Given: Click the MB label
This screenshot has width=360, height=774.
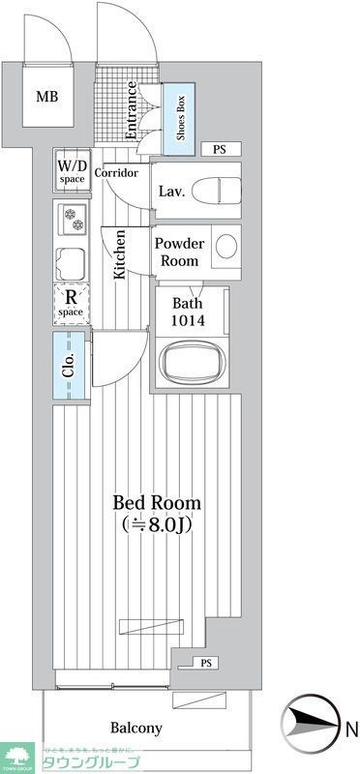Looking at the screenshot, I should [x=46, y=96].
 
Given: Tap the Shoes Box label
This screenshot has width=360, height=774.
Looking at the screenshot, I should [x=181, y=117].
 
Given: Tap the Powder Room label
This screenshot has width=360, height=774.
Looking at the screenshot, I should [x=177, y=253].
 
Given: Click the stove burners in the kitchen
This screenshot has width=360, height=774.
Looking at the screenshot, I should [x=73, y=221].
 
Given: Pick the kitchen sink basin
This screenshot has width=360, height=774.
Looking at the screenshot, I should [x=73, y=262].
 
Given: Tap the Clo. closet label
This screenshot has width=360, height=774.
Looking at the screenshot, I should [x=69, y=367].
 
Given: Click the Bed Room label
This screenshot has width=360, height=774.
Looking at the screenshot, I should [x=157, y=503].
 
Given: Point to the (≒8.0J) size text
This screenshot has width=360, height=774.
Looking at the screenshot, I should [x=157, y=526].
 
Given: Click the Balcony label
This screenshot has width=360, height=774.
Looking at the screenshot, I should [x=135, y=729].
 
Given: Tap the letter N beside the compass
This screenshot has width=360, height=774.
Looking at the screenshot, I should [x=351, y=728].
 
